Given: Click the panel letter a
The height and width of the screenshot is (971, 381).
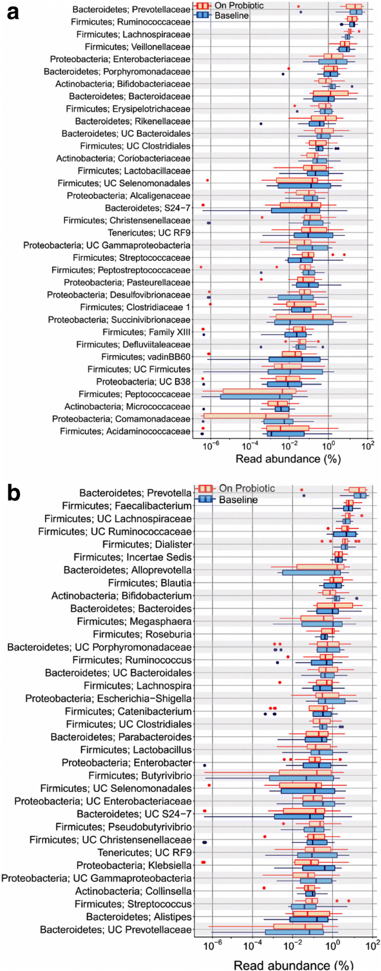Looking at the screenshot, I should (12, 12).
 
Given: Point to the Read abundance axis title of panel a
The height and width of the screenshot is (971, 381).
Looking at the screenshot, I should (288, 459).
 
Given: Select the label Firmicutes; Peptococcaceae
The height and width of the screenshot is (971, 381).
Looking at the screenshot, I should (135, 394).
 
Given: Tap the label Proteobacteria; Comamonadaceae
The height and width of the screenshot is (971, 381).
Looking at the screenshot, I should (121, 419).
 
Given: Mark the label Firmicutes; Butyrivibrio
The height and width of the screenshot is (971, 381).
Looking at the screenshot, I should (140, 776).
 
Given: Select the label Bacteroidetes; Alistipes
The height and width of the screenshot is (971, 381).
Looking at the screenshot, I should (139, 916).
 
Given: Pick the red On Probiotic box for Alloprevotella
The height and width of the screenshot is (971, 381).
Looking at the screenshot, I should (320, 567).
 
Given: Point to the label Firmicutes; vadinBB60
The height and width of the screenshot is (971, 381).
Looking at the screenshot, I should (146, 357).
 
